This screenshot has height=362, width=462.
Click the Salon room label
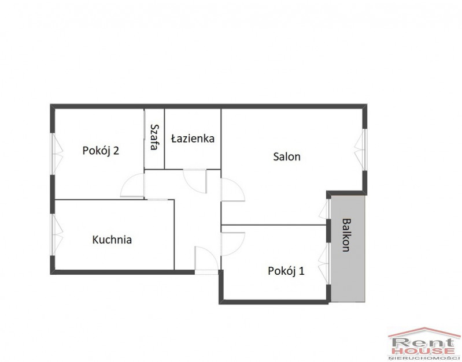point(287,156)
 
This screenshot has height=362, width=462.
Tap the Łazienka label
point(193,139)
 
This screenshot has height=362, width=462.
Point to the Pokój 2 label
point(101,151)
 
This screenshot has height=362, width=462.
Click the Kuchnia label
point(112,240)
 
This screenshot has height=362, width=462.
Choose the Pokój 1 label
point(286,271)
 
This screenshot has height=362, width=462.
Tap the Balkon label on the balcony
point(346,235)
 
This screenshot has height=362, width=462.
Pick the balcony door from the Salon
point(325,209)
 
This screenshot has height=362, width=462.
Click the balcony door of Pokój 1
point(325,263)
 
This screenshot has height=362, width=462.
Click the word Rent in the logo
point(423,343)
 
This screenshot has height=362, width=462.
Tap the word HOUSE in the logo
point(423,352)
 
